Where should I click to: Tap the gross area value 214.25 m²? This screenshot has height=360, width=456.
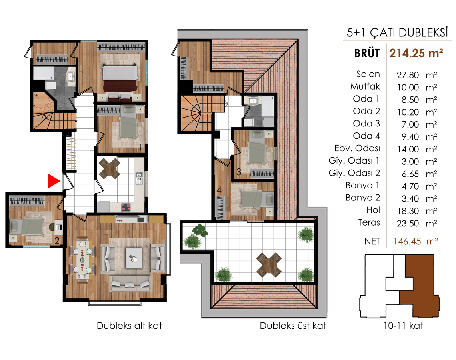click(416, 53)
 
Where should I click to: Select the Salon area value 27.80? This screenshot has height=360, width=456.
click(408, 75)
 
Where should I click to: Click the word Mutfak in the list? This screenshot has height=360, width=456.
click(365, 86)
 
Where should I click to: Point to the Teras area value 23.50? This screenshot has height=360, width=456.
click(408, 223)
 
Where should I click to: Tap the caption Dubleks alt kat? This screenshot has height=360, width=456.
click(130, 325)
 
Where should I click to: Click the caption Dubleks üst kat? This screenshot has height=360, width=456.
click(293, 325)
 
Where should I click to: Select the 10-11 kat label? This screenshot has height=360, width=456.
click(403, 325)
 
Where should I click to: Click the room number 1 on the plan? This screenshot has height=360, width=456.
click(140, 148)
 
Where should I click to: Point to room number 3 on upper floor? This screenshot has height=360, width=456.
click(239, 172)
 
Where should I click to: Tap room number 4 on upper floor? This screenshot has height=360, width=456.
click(219, 190)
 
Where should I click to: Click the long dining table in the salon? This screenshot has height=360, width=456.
click(82, 260)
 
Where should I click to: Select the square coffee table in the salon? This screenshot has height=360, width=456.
click(134, 258)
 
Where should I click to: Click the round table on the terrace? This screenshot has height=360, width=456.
click(269, 265)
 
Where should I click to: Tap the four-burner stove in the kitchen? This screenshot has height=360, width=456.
click(126, 207)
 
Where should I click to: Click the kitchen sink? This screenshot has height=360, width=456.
click(139, 178)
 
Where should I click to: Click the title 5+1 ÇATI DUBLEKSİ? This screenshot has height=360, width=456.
click(397, 32)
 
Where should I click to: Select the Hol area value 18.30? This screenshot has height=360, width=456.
click(408, 211)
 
